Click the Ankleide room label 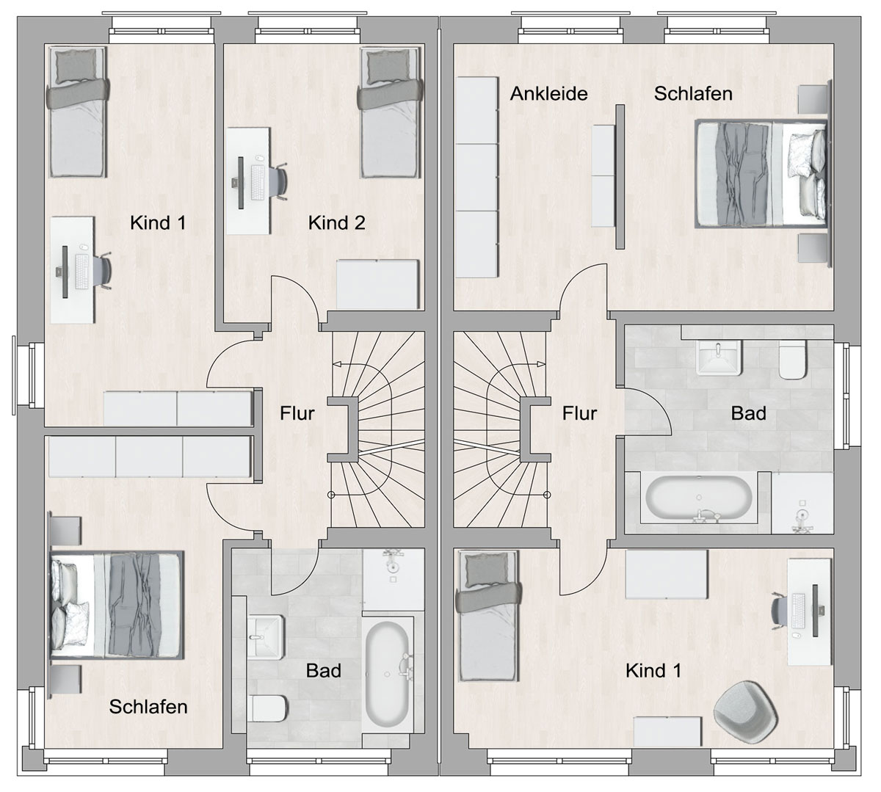[548, 93]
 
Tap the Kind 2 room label [336, 223]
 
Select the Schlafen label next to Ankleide [693, 93]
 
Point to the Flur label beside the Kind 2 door [297, 413]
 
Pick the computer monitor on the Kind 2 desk [240, 182]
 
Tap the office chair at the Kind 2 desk [279, 181]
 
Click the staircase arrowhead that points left [338, 364]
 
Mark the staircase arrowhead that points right [540, 364]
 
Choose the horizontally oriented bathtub [699, 498]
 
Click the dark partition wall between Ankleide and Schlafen [620, 177]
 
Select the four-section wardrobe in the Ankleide [477, 177]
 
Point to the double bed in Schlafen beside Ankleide [761, 174]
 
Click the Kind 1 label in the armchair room [653, 671]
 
